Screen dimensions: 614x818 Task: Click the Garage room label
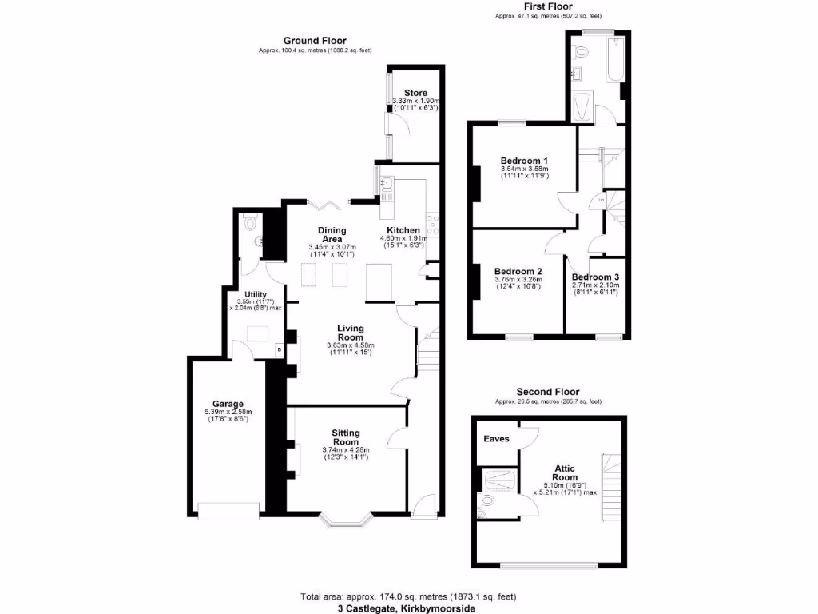[x=228, y=404]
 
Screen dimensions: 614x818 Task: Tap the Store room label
[x=415, y=94]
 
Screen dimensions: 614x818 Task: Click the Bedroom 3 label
[x=595, y=277]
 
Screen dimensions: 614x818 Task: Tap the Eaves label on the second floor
[x=496, y=439]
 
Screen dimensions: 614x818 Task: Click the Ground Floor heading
[x=314, y=41]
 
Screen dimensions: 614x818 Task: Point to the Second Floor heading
[x=547, y=392]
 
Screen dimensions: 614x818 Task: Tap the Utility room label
[x=256, y=295]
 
